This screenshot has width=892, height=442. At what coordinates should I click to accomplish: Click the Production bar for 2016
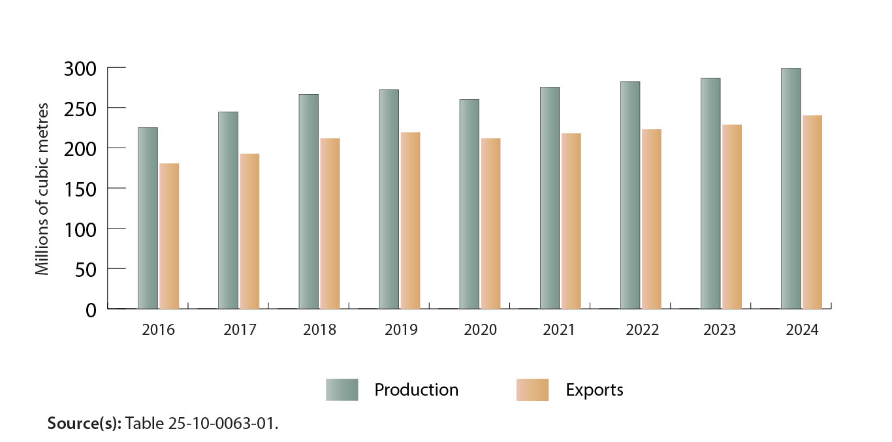click(x=148, y=218)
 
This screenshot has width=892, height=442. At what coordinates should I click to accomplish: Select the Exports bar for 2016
click(x=169, y=236)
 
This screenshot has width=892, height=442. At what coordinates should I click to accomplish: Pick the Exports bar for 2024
click(x=812, y=212)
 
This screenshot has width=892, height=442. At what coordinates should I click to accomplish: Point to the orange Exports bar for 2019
click(x=410, y=220)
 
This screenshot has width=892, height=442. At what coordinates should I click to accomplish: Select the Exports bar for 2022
click(x=652, y=219)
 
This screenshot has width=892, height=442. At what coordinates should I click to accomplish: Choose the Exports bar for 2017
click(x=249, y=231)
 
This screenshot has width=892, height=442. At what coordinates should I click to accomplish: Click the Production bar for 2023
click(x=710, y=193)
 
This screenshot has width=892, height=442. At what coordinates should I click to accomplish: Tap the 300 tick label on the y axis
click(x=81, y=69)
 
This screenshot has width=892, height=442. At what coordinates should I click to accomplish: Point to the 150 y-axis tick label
click(x=81, y=189)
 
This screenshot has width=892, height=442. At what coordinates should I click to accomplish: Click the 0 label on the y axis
click(x=91, y=309)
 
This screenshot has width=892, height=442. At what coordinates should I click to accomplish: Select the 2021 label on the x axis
click(x=559, y=330)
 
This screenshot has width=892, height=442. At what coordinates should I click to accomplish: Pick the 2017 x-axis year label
click(x=240, y=330)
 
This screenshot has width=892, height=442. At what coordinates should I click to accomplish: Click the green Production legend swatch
click(x=342, y=390)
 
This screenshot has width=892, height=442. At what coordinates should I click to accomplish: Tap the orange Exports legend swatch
click(x=532, y=390)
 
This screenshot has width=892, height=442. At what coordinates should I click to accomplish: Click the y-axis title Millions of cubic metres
click(x=42, y=188)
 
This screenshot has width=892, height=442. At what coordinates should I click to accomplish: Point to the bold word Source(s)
click(x=84, y=423)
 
